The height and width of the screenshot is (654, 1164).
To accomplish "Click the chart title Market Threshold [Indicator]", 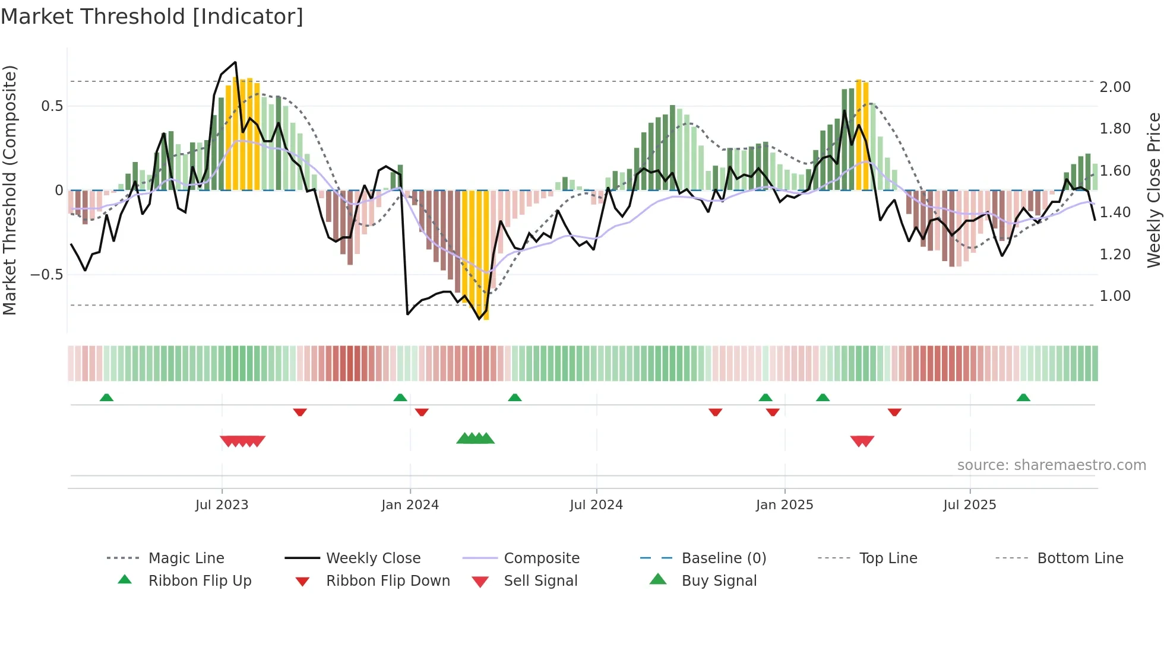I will pyautogui.click(x=152, y=17).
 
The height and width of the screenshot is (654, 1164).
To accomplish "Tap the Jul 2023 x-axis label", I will pyautogui.click(x=222, y=505).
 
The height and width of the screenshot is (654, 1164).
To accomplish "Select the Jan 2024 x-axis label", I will pyautogui.click(x=410, y=505).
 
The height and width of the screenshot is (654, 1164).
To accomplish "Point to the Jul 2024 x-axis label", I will pyautogui.click(x=596, y=505).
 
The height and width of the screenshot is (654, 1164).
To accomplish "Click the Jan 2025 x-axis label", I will pyautogui.click(x=785, y=505).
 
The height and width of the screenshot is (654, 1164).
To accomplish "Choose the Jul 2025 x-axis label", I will pyautogui.click(x=970, y=505).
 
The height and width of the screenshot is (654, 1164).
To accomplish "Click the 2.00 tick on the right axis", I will pyautogui.click(x=1115, y=87).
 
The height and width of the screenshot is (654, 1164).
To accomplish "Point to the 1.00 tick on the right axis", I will pyautogui.click(x=1115, y=296).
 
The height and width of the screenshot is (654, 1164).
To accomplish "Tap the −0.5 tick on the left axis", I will pyautogui.click(x=46, y=275).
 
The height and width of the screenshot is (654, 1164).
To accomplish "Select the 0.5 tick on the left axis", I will pyautogui.click(x=52, y=106).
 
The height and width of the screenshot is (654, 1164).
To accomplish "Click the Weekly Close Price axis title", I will pyautogui.click(x=1153, y=190).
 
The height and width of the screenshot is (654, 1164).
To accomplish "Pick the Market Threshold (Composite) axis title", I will pyautogui.click(x=10, y=190).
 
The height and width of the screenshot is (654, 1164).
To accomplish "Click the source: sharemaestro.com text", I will pyautogui.click(x=1051, y=465).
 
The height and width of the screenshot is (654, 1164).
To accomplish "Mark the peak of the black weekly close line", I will pyautogui.click(x=235, y=62).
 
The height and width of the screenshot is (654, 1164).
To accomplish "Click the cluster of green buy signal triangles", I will pyautogui.click(x=475, y=439).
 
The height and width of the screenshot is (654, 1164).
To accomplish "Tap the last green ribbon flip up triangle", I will pyautogui.click(x=1023, y=398).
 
